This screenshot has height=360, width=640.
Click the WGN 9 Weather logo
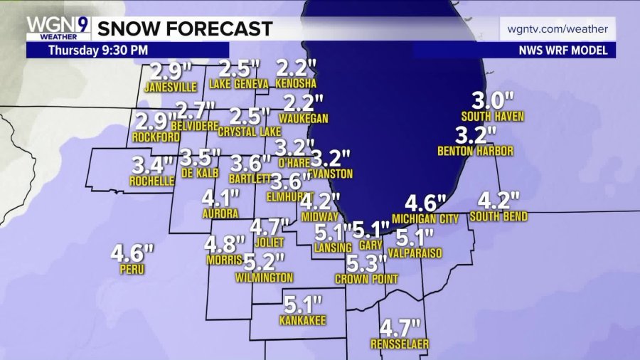tap(58, 28)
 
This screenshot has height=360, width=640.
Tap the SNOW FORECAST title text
tap(184, 28)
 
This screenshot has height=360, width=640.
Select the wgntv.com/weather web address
tap(558, 29)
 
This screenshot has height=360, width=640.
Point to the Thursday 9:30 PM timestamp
tap(99, 51)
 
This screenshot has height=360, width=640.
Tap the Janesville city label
tap(170, 88)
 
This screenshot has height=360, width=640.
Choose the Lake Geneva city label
tap(239, 84)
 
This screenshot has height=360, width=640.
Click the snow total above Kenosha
tap(295, 70)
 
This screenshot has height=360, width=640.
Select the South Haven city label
tap(492, 116)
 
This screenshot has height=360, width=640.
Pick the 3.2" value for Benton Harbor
tap(476, 135)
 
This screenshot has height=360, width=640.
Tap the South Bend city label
tap(498, 216)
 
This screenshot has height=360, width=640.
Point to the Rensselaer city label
tap(400, 344)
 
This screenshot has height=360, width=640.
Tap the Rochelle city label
tap(152, 181)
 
